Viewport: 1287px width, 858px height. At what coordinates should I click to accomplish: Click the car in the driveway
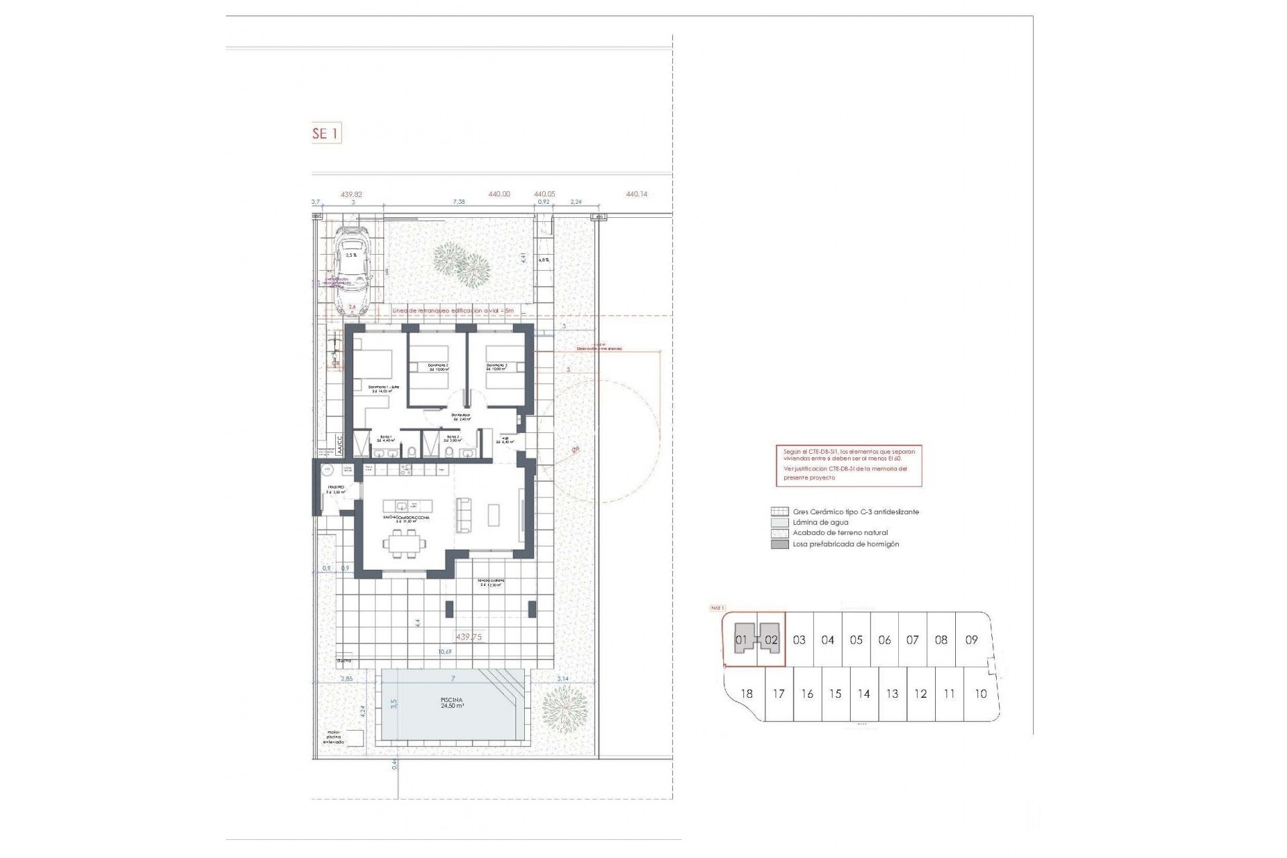(x=353, y=270)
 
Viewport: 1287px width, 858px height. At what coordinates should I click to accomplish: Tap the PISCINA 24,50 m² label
(x=452, y=703)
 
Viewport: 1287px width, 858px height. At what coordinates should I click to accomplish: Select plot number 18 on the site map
(x=746, y=694)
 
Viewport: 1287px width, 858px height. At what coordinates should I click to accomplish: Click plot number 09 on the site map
(x=971, y=640)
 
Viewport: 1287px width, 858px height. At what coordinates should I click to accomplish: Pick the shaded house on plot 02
(x=771, y=639)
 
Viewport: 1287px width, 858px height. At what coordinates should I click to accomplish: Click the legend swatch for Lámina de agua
(x=780, y=522)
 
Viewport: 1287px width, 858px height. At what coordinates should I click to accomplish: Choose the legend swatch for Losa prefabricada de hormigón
(x=780, y=544)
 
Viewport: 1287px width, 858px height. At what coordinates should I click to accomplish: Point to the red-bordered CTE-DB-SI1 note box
(x=849, y=465)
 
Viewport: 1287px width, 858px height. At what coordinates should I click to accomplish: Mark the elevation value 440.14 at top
(x=636, y=194)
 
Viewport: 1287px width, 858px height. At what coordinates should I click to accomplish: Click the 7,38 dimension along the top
(x=458, y=202)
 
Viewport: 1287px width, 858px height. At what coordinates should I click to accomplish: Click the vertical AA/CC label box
(x=340, y=445)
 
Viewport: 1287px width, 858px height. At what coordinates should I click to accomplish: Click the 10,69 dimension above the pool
(x=444, y=652)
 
